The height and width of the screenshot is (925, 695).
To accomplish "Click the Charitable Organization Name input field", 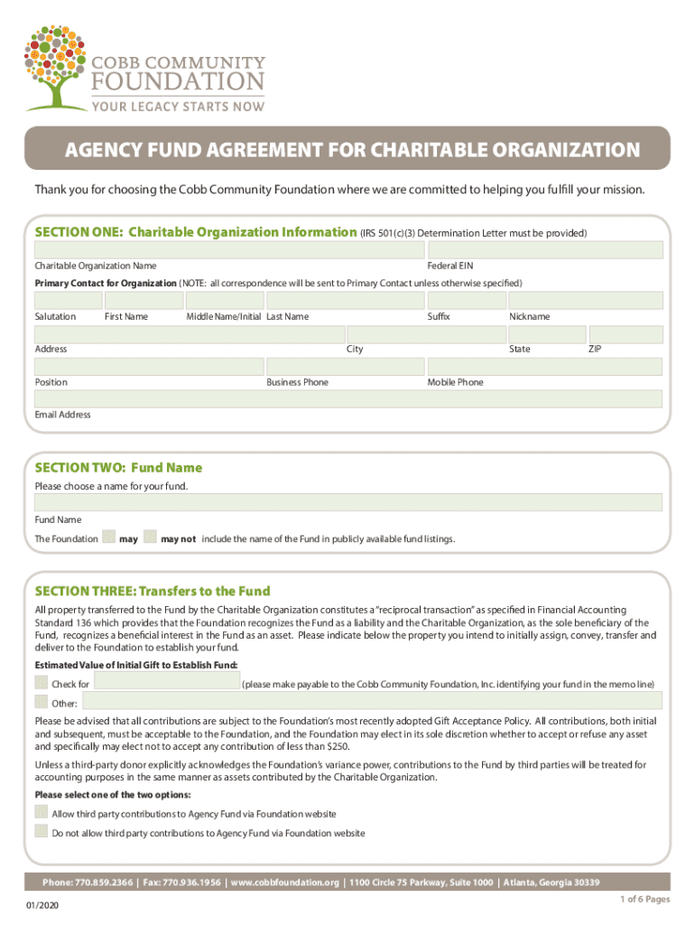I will [228, 250].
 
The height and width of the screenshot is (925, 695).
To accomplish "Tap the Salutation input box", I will [67, 301].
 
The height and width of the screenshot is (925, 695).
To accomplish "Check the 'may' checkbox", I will [109, 538].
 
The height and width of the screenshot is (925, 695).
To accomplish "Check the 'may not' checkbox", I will [151, 538].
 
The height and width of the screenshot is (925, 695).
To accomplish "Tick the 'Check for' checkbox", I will [42, 683].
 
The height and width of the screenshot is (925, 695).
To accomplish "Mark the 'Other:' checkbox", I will [42, 702].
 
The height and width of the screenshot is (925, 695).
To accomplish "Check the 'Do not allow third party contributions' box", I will [42, 832].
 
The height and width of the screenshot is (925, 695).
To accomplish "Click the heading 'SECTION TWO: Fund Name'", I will [118, 468].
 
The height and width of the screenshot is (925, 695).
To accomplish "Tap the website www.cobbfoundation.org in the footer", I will [284, 883].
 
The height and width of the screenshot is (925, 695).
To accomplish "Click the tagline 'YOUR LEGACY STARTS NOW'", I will [177, 107].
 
